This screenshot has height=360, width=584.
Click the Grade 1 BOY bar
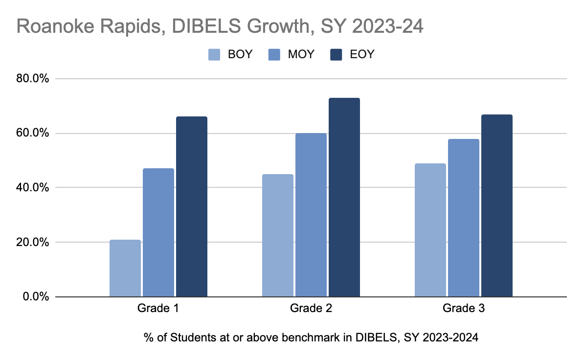coord(125,268)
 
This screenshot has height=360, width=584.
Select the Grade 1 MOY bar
coord(158,232)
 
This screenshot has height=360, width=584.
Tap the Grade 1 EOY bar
coord(191,206)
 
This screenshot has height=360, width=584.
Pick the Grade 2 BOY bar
coord(277,235)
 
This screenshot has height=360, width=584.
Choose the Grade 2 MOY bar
coord(311,215)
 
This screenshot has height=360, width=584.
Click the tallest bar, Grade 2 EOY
coord(344,197)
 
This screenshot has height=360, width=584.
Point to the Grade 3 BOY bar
coord(430,230)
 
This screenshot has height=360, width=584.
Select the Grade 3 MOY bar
coord(463,218)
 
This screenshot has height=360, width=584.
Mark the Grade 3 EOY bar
coord(496,205)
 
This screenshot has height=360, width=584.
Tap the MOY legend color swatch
coord(275,54)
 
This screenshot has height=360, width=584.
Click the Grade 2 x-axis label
coord(311,309)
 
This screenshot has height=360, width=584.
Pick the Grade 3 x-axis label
coord(463,309)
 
